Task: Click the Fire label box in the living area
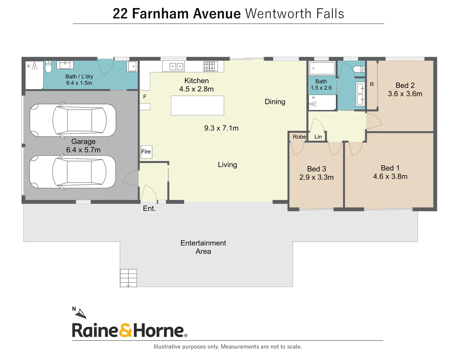[146, 152]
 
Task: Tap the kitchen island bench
[197, 105]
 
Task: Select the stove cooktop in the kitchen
[210, 66]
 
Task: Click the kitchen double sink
[177, 67]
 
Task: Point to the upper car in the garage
[73, 120]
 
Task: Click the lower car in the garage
[73, 172]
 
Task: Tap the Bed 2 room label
[405, 85]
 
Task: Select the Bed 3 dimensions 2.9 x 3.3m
[316, 177]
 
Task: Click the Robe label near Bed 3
[299, 137]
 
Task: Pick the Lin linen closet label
[318, 137]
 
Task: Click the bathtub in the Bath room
[322, 68]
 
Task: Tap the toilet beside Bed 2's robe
[359, 69]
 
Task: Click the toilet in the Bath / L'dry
[48, 67]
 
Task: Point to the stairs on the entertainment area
[128, 278]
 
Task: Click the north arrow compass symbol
[80, 313]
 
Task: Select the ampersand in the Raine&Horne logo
[125, 330]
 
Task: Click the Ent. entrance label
[149, 209]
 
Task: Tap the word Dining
[275, 102]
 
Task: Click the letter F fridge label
[145, 97]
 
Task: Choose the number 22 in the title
[120, 14]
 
